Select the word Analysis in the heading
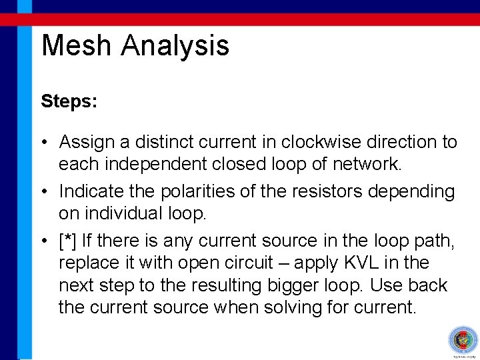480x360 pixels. [175, 46]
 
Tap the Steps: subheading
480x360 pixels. [69, 102]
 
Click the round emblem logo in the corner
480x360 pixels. [462, 340]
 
